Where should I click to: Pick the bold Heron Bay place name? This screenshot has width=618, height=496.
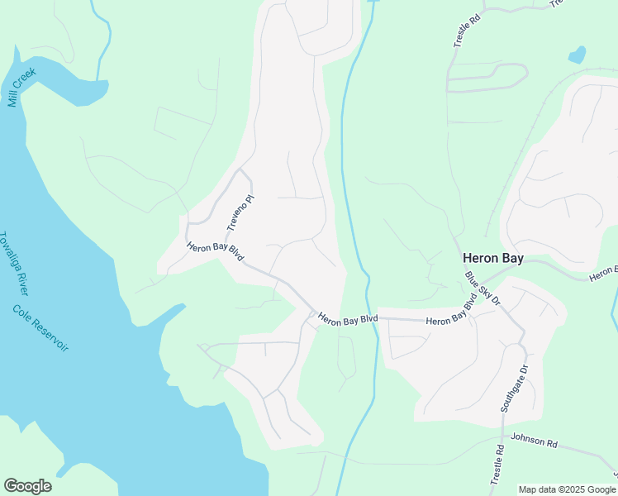click(492, 259)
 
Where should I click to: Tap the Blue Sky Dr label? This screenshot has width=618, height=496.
click(483, 289)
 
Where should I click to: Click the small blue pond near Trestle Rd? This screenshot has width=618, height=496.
click(577, 56)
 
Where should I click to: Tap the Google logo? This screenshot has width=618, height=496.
click(27, 486)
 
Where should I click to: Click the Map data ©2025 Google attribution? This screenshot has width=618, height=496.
click(568, 489)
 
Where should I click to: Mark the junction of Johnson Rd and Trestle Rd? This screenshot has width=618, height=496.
click(503, 436)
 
